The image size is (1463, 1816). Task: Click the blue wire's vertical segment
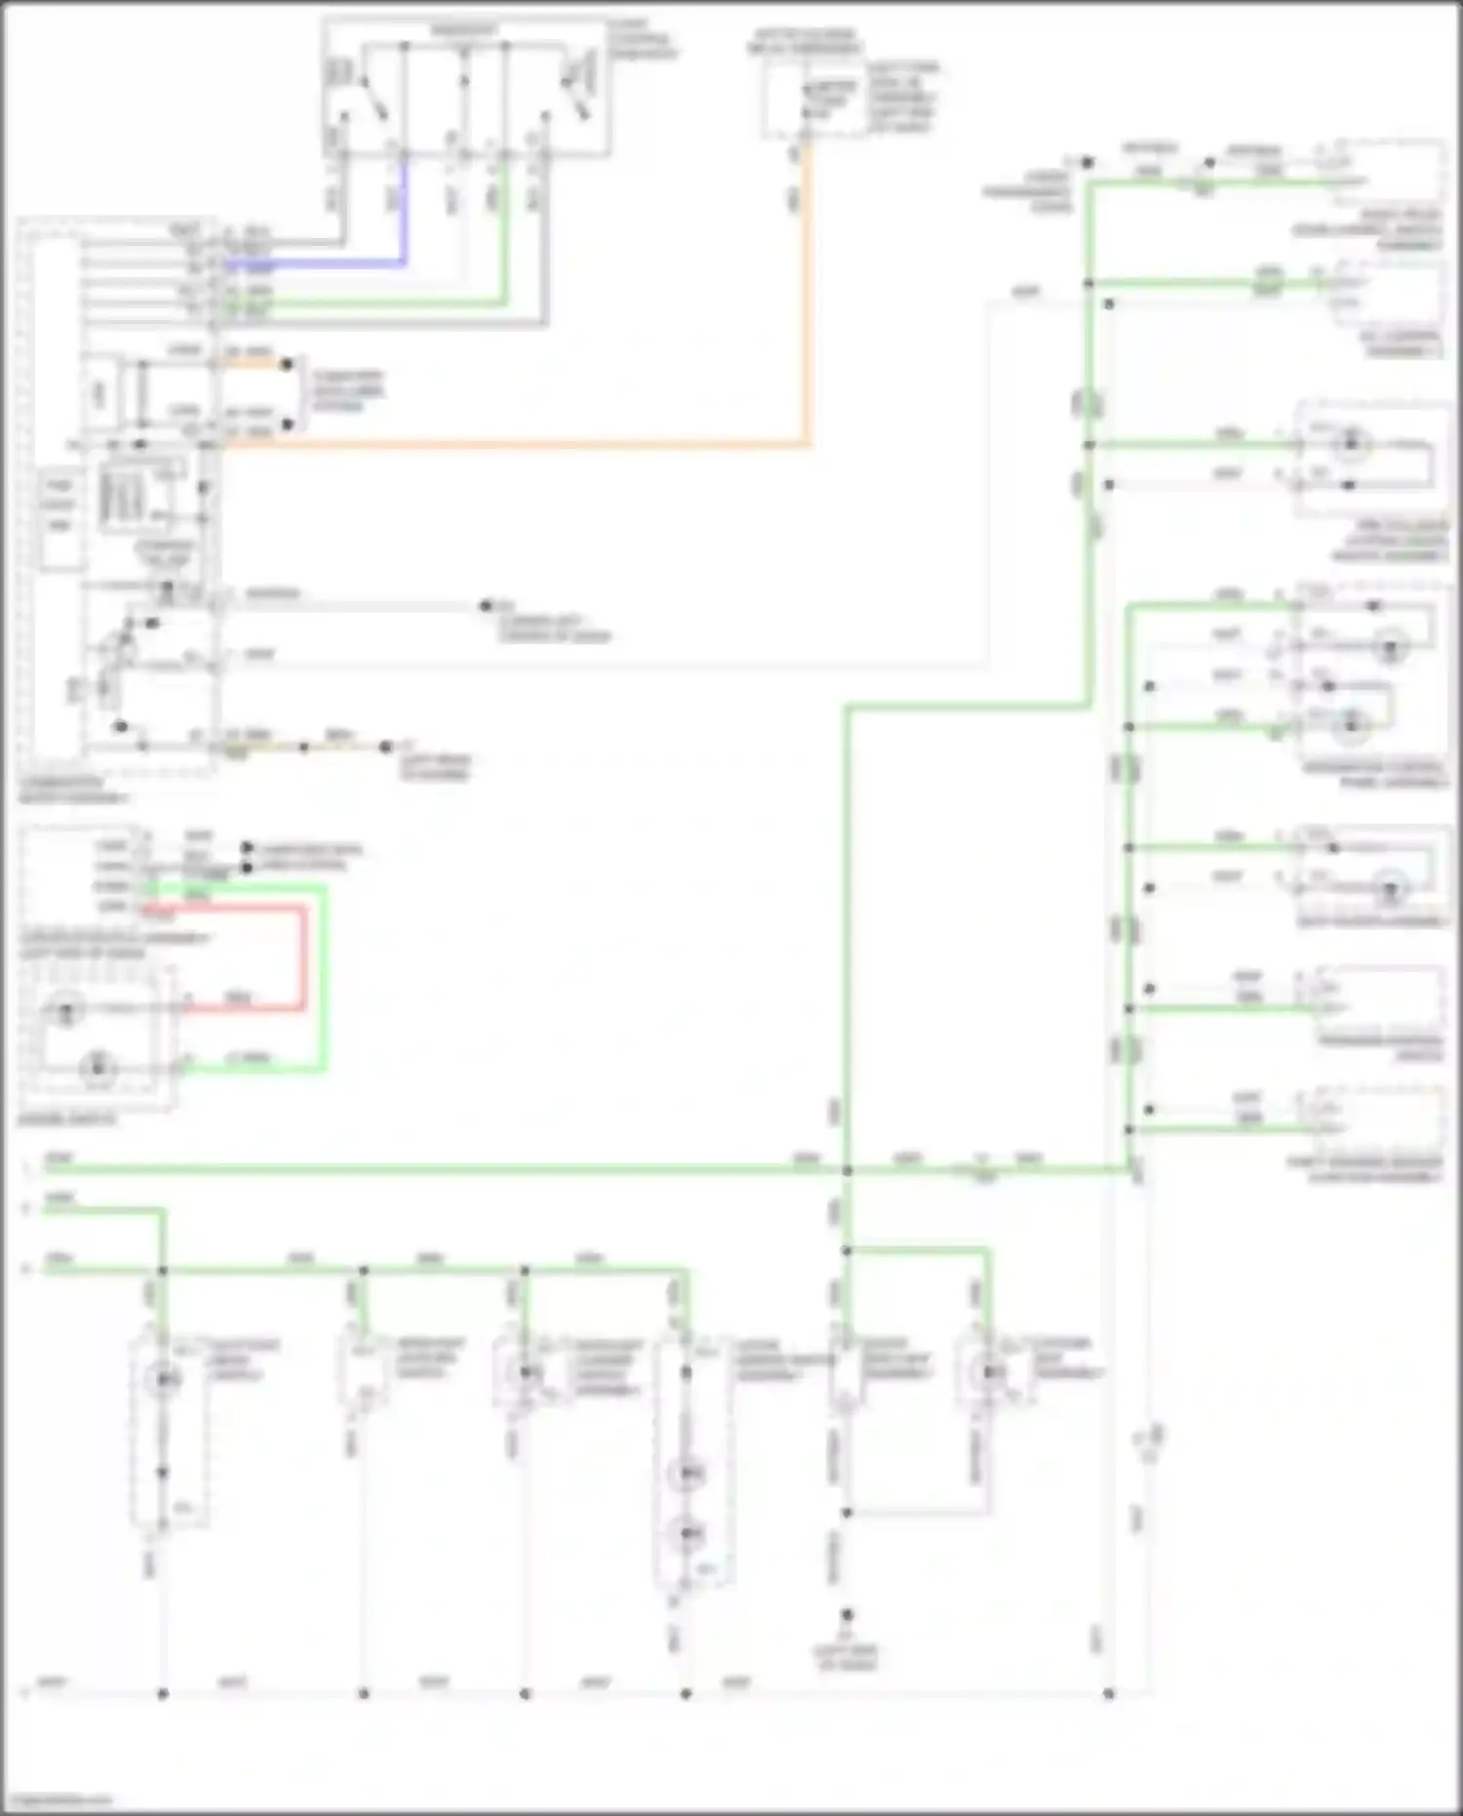coord(404,210)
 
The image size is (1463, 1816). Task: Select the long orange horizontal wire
coord(517,446)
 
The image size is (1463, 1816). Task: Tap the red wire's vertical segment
coord(304,956)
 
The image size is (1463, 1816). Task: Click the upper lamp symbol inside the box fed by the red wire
coord(65,1009)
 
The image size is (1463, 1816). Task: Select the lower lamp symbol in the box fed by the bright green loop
coord(98,1066)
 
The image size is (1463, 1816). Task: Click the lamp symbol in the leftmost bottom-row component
coord(163,1380)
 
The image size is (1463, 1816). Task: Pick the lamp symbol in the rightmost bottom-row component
coord(990,1372)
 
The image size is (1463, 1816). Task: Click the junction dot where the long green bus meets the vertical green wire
coord(847,1170)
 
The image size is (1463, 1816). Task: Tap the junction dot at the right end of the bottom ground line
coord(1109,1694)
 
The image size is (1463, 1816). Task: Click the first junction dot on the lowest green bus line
coord(163,1271)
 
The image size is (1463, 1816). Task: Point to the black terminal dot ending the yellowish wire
coord(386,747)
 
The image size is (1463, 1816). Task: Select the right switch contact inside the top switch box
coord(575,98)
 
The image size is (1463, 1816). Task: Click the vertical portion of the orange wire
coord(807,293)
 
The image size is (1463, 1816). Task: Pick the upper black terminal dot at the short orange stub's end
coord(287,364)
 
